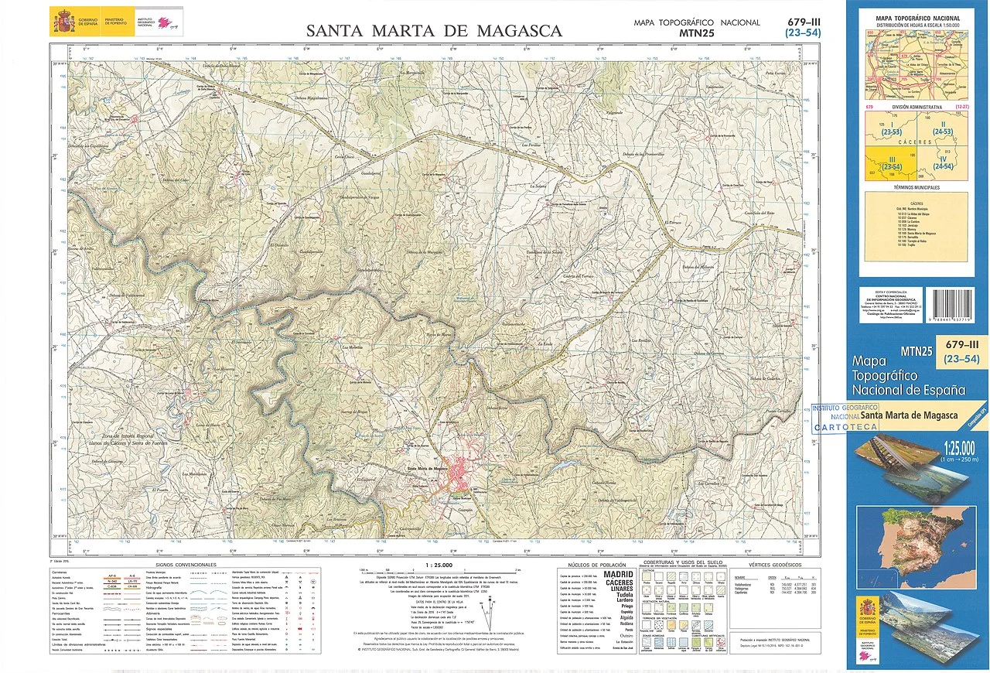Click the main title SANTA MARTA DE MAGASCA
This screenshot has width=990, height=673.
434,31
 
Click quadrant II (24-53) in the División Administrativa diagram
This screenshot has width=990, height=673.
942,128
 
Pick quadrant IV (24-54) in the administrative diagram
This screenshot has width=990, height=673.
942,163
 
